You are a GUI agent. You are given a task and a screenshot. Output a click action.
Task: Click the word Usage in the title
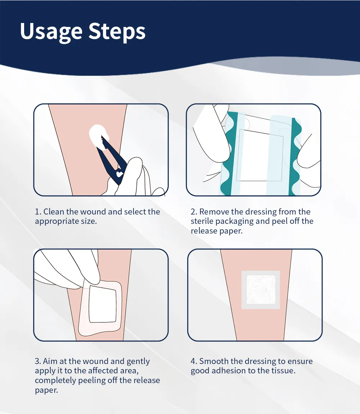(51, 32)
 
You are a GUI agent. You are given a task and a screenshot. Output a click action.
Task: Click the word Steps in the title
(117, 32)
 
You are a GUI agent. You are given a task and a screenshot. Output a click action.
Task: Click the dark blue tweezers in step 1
(112, 158)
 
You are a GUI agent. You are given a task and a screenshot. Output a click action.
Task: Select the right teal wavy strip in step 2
(295, 155)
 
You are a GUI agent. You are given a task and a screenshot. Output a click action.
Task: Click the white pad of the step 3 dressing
(103, 304)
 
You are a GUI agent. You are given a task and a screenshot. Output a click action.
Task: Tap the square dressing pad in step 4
(260, 290)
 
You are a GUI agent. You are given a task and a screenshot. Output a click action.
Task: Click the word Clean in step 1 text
(54, 212)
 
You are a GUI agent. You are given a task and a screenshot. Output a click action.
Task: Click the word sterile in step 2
(202, 221)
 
